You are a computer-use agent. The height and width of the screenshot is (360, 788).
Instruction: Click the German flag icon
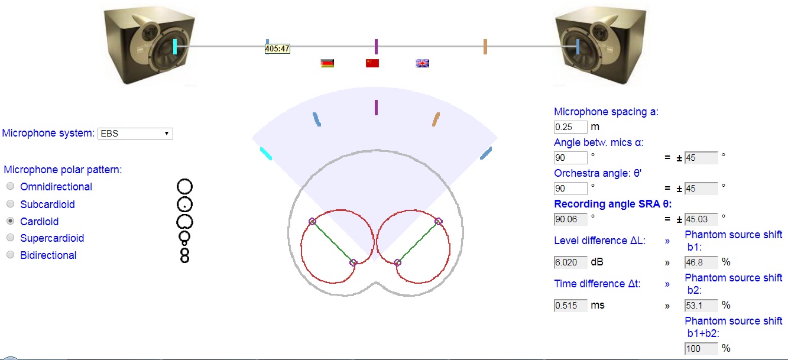[x=327, y=63]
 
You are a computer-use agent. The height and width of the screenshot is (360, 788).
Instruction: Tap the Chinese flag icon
[x=372, y=63]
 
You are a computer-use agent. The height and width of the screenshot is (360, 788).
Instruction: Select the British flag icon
[x=422, y=63]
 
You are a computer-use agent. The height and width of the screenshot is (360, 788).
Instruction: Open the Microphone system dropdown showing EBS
[x=135, y=134]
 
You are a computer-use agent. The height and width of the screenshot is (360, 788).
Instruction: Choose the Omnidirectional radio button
[x=11, y=186]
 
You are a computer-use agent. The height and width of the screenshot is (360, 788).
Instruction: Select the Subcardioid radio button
[x=11, y=204]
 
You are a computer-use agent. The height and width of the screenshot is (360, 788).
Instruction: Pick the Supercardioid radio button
[x=11, y=238]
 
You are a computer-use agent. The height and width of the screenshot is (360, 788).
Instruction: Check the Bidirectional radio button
[x=11, y=254]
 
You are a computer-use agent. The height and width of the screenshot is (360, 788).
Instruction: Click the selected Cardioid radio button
[x=11, y=221]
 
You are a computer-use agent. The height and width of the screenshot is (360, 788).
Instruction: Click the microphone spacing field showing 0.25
[x=570, y=127]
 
